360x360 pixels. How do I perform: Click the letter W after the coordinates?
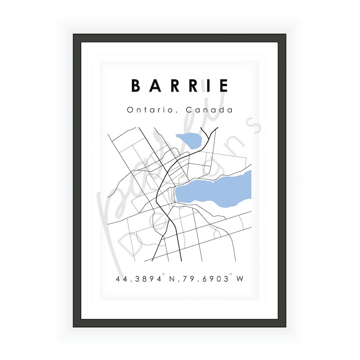coord(240,279)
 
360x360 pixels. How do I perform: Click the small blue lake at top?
coord(187,141)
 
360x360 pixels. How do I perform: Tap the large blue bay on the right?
coord(213,190)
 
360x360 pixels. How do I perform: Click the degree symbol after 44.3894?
coord(164,275)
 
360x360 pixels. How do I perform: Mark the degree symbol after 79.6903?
coord(231,275)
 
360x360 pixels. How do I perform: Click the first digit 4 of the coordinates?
coord(119,279)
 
